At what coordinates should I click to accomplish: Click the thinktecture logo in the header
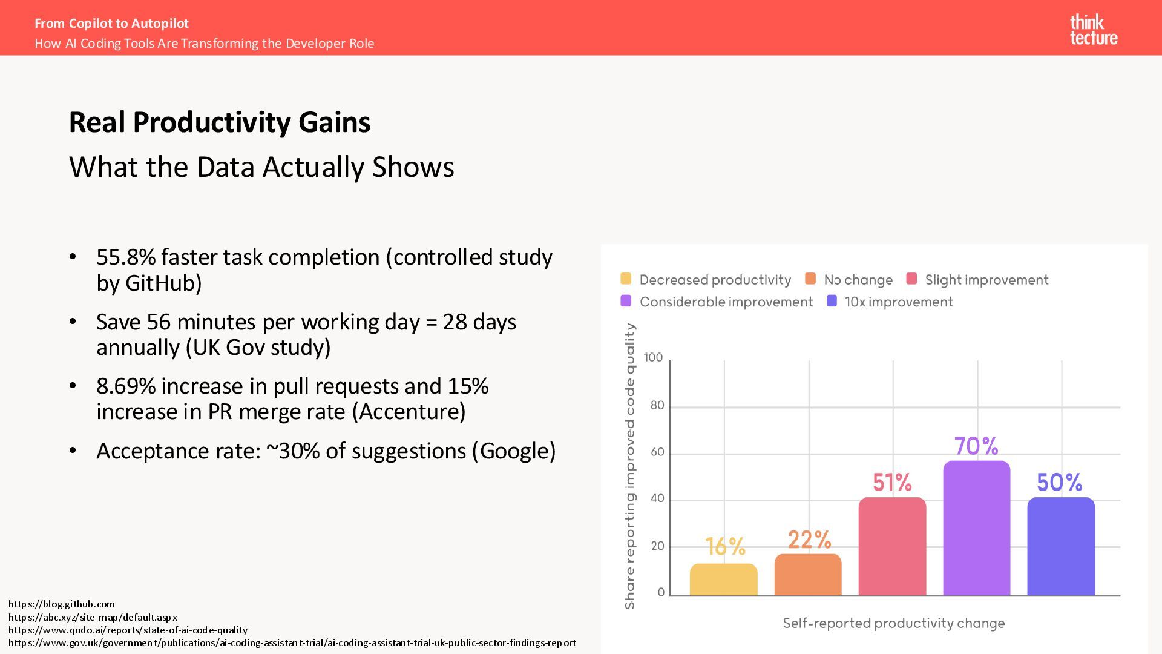(1093, 30)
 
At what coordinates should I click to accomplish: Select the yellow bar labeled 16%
(723, 580)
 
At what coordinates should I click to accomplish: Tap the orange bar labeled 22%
(808, 575)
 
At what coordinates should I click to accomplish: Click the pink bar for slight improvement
(892, 546)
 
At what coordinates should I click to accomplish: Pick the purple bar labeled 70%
(976, 528)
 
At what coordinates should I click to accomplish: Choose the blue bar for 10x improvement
(1061, 546)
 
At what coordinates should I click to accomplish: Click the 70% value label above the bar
(976, 446)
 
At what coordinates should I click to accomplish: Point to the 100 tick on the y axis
(653, 358)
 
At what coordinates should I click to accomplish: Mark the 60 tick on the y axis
(657, 452)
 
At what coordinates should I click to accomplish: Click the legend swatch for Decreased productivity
(626, 279)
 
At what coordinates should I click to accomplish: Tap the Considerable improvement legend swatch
(626, 301)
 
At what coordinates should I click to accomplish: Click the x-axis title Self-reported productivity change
(893, 623)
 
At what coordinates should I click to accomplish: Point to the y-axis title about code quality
(630, 466)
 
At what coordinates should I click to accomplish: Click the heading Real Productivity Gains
(220, 122)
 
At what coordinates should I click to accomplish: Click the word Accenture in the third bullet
(409, 412)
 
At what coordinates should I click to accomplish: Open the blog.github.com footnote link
(62, 604)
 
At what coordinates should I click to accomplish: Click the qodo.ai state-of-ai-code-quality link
(128, 630)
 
